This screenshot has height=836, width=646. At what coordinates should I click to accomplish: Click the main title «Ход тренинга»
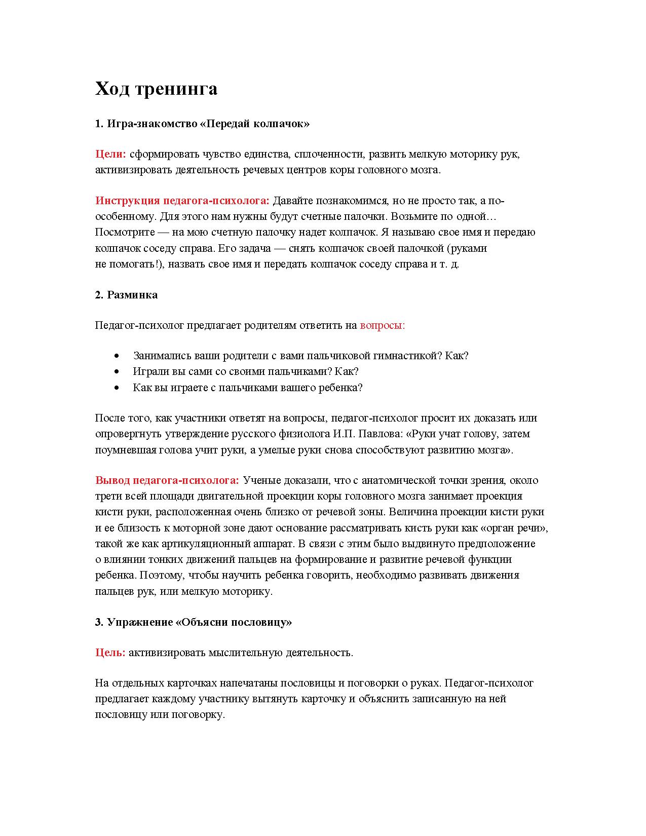156,89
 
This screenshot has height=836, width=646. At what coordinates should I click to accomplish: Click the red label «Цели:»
110,154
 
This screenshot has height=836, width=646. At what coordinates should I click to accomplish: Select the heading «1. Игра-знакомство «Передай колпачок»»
202,124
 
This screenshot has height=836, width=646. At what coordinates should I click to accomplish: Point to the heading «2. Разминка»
126,295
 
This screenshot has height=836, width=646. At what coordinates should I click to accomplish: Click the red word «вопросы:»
382,325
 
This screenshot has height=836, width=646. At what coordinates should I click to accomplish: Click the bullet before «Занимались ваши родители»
118,356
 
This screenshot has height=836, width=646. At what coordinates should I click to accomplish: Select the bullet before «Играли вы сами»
118,372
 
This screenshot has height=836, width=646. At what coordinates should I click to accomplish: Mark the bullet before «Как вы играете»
118,388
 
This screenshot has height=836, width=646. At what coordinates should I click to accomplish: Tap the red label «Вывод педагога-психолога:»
167,480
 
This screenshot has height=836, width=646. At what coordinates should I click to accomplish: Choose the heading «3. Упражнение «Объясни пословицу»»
193,622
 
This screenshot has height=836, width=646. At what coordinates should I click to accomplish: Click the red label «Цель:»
110,653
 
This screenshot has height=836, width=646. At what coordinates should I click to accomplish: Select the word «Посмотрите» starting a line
119,233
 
